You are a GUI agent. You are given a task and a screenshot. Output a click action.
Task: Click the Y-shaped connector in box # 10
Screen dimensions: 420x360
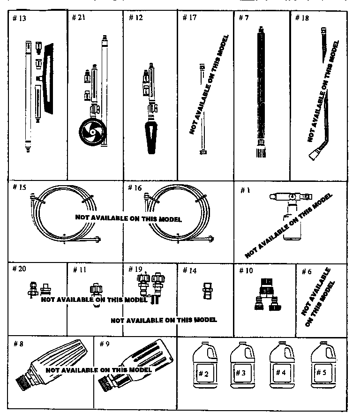click(x=266, y=293)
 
